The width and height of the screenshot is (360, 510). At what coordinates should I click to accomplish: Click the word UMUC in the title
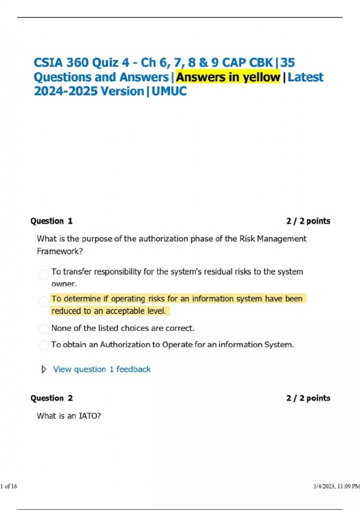click(169, 91)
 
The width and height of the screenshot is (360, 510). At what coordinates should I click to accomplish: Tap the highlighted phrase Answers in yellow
click(228, 77)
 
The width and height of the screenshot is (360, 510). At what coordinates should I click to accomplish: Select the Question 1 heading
click(51, 221)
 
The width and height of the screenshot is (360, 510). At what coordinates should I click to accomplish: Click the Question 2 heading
click(51, 398)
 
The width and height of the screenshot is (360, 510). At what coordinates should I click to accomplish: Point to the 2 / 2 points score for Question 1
click(308, 221)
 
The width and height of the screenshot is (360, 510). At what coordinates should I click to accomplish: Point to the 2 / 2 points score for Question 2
click(308, 398)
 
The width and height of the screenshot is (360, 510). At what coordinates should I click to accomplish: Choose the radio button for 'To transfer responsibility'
click(43, 274)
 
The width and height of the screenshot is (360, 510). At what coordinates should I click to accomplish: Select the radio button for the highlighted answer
click(43, 301)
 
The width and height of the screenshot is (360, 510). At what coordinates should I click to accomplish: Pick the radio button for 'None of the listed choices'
click(43, 328)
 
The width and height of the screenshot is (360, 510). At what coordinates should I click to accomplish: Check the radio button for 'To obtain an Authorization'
click(43, 345)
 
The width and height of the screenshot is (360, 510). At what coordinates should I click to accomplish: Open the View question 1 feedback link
click(102, 369)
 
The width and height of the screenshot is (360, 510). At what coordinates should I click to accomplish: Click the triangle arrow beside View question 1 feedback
click(44, 369)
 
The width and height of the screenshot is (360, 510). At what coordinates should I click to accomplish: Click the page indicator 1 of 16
click(9, 486)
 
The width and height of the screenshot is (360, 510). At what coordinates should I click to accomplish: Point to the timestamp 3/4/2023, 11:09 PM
click(336, 486)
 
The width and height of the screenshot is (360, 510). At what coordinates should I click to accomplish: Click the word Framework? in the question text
click(60, 251)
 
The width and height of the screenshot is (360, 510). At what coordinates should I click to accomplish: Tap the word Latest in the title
click(305, 77)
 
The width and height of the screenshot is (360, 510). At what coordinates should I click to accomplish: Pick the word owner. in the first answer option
click(64, 284)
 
